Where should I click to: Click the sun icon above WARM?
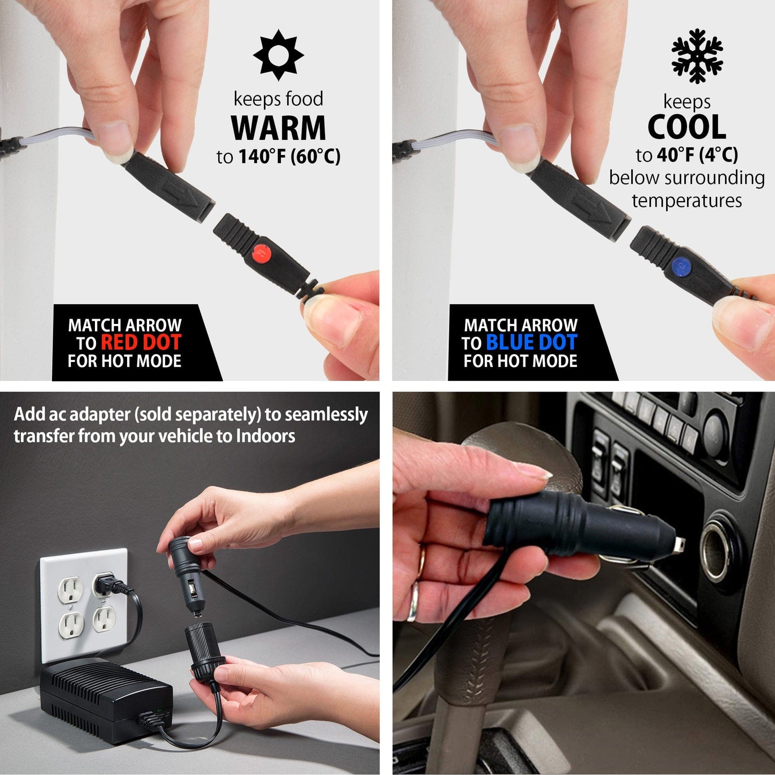click(278, 55)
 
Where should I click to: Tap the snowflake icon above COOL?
click(697, 56)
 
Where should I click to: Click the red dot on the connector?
click(262, 252)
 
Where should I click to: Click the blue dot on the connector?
click(681, 265)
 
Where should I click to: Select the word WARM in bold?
click(278, 128)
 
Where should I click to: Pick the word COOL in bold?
click(687, 128)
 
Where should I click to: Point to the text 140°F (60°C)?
click(289, 157)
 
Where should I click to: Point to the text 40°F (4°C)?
click(697, 155)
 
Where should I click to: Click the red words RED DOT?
click(141, 343)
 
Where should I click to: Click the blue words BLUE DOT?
click(531, 343)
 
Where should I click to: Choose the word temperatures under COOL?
click(687, 201)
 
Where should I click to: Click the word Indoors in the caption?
click(265, 436)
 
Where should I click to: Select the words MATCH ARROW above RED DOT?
click(124, 325)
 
